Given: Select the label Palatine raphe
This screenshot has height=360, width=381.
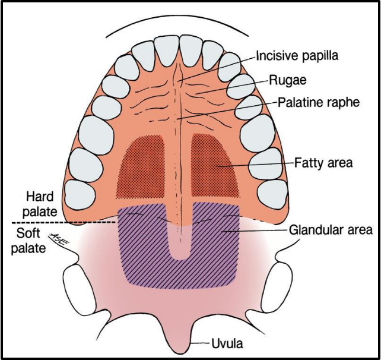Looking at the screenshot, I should click(x=318, y=102).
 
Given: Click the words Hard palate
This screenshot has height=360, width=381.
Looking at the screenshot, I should click(x=42, y=203).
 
